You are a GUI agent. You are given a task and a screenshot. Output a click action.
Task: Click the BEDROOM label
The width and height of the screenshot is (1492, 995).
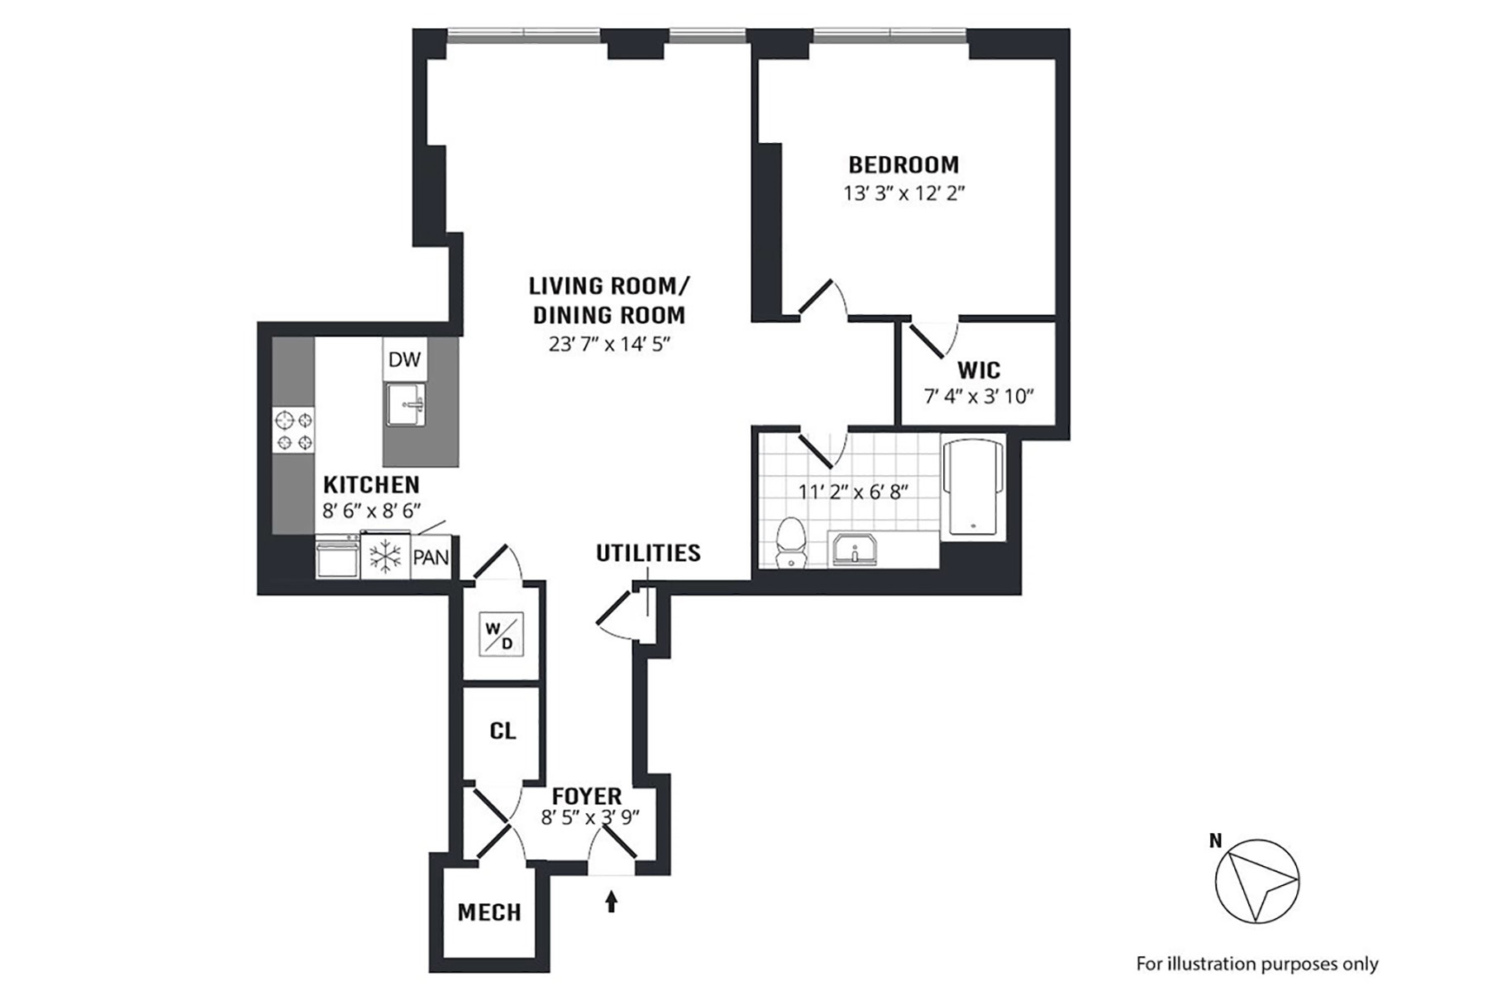(x=903, y=164)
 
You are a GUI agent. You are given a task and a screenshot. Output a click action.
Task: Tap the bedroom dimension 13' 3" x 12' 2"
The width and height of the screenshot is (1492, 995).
(x=904, y=193)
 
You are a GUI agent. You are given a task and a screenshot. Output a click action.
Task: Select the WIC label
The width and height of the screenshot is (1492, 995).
(x=979, y=369)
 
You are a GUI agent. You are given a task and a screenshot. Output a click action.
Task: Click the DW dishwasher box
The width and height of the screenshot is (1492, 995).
(x=404, y=359)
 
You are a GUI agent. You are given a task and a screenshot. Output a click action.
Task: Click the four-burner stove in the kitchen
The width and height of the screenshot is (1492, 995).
(x=294, y=431)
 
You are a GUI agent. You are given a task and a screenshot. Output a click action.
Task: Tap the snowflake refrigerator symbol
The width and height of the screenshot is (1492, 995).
(x=385, y=556)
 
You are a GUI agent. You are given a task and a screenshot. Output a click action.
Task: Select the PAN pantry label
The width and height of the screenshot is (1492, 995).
(x=431, y=557)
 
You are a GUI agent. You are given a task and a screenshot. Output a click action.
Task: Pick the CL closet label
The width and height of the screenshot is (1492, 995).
(x=503, y=731)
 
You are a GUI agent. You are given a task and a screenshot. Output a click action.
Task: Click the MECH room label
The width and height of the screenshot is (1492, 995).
(x=489, y=912)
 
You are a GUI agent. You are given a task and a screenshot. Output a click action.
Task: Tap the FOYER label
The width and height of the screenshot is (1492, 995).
(x=587, y=797)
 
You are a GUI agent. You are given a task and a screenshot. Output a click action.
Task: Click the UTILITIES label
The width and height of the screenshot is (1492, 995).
(x=648, y=553)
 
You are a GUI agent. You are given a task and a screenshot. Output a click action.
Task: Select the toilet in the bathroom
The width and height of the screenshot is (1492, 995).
(x=792, y=542)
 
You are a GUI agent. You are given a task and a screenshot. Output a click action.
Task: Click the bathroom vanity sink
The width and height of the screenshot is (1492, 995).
(x=855, y=549)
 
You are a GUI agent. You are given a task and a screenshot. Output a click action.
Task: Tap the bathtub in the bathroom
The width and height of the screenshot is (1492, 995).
(x=974, y=488)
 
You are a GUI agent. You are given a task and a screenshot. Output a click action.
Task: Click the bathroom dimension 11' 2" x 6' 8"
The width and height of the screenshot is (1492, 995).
(x=853, y=492)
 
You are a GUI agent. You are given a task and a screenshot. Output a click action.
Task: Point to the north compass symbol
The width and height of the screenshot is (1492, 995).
(x=1256, y=881)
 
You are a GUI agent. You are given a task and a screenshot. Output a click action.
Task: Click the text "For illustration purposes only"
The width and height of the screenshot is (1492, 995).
(x=1257, y=964)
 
